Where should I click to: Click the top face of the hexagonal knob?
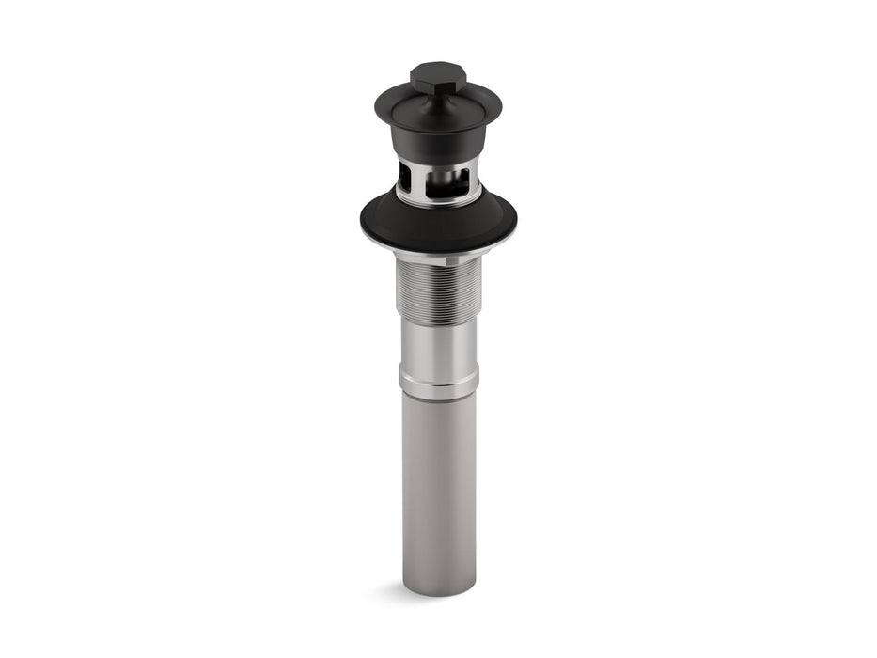click(438, 70)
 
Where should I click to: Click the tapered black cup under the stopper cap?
click(438, 143)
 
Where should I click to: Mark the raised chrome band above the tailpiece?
click(438, 382)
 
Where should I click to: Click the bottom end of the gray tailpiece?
click(439, 587)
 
